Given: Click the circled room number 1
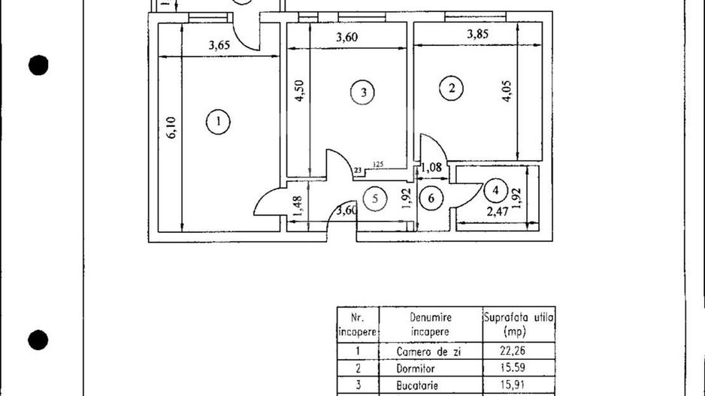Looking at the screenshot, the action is click(x=218, y=122).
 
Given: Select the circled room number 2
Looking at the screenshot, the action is click(x=452, y=88).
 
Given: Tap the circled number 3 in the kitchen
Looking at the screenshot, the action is click(x=363, y=92).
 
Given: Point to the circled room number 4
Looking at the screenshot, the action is click(x=495, y=191).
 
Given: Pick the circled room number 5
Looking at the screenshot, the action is click(x=375, y=198).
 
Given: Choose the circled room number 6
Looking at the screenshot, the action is click(x=431, y=198).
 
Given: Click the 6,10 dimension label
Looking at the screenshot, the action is click(x=172, y=128).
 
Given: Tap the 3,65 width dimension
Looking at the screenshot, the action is click(x=219, y=45).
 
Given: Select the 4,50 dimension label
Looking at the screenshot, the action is click(x=299, y=91).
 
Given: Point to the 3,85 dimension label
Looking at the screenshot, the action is click(x=477, y=34).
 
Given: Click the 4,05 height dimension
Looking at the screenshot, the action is click(x=507, y=91).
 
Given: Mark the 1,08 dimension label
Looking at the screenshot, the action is click(x=431, y=168).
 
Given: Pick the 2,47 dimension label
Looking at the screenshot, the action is click(x=498, y=212).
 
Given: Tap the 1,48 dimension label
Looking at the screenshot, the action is click(x=297, y=207).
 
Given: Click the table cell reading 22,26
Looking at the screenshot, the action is click(x=513, y=351).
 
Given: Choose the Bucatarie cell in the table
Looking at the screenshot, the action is click(x=417, y=385).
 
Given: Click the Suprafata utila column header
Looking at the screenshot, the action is click(x=519, y=325).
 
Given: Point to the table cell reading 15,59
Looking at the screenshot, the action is click(x=513, y=367).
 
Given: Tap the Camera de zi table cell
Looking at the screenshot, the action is click(x=429, y=352).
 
